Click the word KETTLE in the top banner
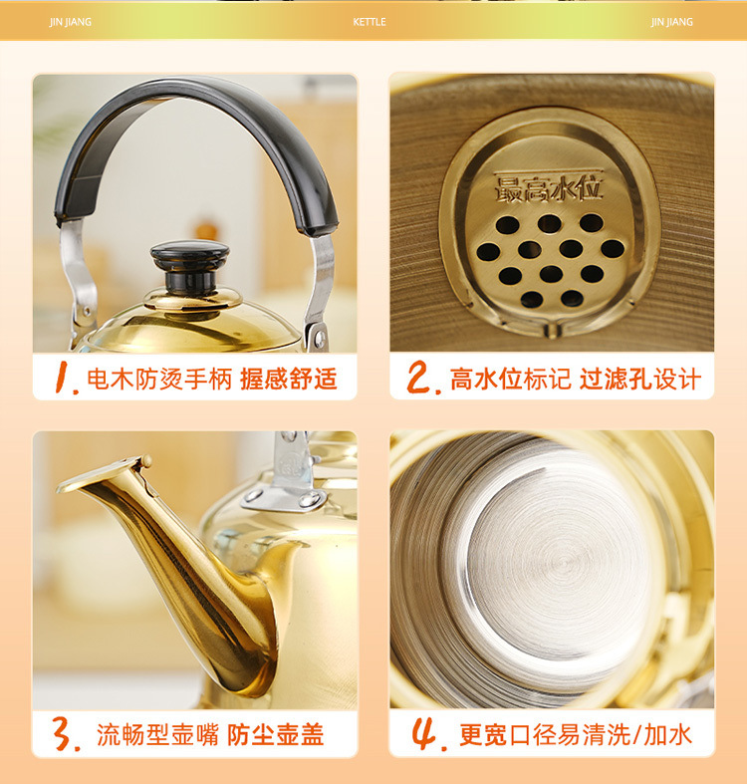click(370, 22)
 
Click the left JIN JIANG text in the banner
click(71, 22)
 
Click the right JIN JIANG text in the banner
click(672, 22)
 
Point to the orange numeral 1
click(65, 379)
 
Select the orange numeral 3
click(66, 735)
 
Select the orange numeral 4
click(425, 735)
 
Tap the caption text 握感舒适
click(288, 379)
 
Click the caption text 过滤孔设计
click(639, 379)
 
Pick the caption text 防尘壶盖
click(276, 735)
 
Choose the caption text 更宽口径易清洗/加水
click(575, 735)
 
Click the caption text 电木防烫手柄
click(158, 379)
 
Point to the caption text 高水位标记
click(510, 379)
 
